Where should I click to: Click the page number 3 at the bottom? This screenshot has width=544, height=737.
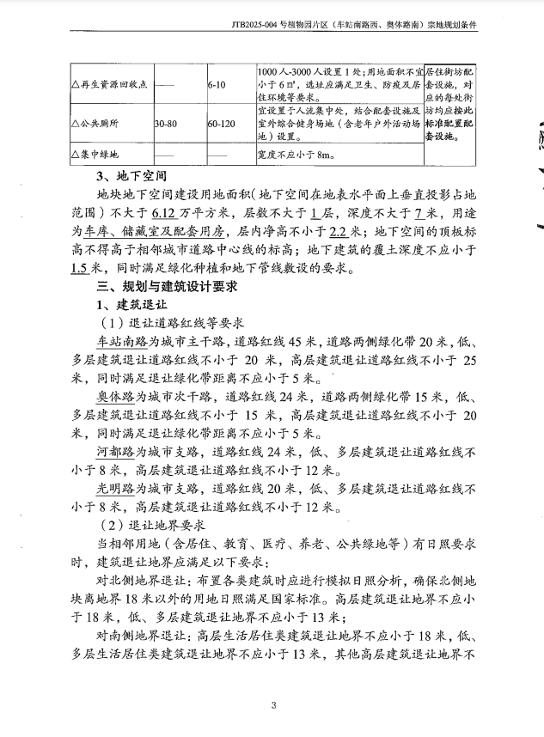tap(273, 706)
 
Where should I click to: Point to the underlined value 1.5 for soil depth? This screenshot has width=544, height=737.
tap(83, 268)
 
